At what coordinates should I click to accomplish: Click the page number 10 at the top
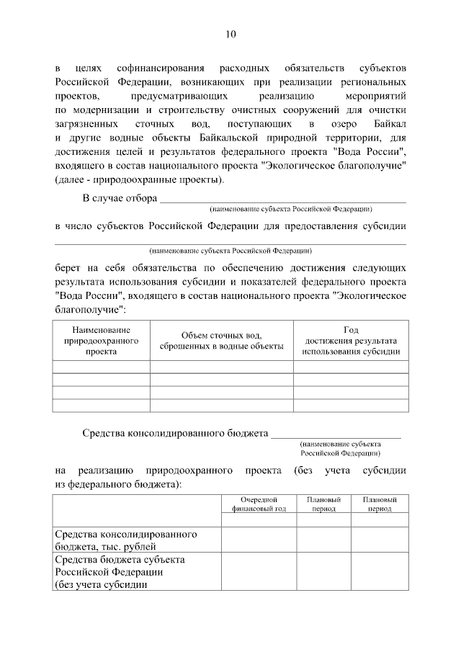[230, 34]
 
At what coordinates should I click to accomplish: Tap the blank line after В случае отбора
[282, 198]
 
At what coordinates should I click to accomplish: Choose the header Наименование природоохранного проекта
[101, 341]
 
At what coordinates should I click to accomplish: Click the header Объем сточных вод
[221, 341]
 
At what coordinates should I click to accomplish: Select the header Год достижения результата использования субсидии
[351, 341]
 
